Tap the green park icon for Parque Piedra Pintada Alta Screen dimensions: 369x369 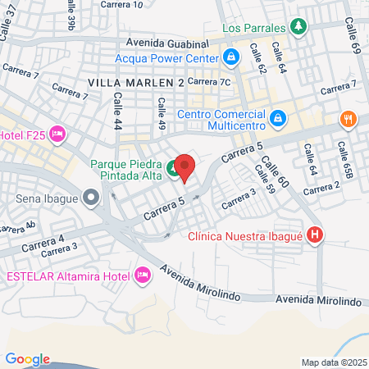coord(174,170)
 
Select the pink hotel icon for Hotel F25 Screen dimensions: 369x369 coord(57,133)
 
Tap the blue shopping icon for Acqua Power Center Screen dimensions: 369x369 coord(231,57)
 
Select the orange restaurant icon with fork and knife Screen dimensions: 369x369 coord(349,120)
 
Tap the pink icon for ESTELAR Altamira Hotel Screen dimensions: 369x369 coord(143,275)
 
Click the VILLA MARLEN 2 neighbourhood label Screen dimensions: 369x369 coord(134,83)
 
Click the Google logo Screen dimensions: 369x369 coord(27,358)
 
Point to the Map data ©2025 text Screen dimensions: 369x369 coord(334,362)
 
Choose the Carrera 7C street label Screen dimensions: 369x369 coord(211,82)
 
